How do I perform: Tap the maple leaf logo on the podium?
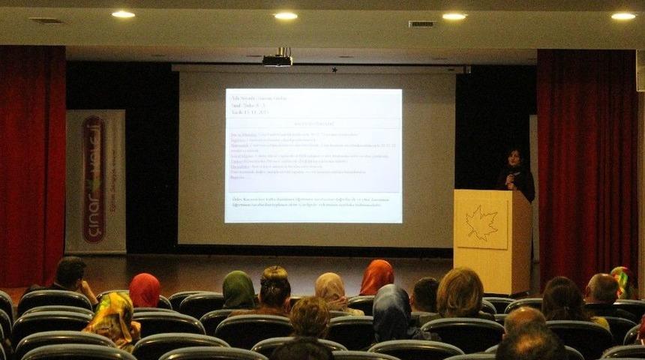[x=481, y=222]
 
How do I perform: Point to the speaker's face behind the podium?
[x=515, y=158]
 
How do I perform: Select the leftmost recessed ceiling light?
[x=123, y=14]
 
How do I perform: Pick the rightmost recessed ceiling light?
[x=622, y=16]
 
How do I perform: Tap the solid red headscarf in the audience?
[x=145, y=290]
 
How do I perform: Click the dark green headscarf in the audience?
[x=238, y=289]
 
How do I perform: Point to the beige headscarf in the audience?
[x=329, y=289]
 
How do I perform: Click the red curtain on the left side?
[x=31, y=165]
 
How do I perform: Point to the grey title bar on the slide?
[x=313, y=123]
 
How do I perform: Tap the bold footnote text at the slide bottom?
[x=313, y=202]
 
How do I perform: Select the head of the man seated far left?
[x=70, y=272]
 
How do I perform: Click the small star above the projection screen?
[x=334, y=70]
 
